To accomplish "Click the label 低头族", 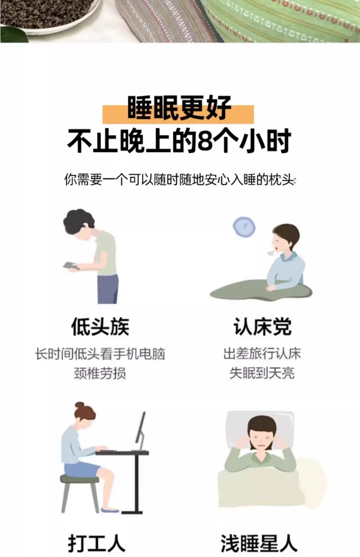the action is tap(100, 326).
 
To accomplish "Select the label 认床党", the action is tap(262, 326).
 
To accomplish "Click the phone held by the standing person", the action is tap(70, 265).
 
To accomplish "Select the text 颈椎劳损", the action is tap(100, 373).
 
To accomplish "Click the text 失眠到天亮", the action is tap(262, 373).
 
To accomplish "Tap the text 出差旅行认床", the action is tap(262, 354).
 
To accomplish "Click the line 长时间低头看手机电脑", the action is tap(100, 354).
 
